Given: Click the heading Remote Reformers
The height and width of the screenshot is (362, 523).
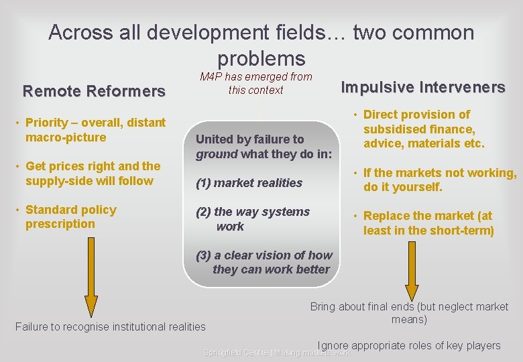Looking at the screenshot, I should [x=94, y=90].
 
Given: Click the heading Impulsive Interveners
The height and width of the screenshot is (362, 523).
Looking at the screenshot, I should [x=423, y=87].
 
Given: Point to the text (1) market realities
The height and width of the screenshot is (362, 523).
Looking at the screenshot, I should [x=249, y=182].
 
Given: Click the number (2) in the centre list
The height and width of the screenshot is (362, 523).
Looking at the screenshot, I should [x=203, y=212].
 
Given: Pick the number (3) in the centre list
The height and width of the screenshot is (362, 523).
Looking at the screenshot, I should [x=203, y=255].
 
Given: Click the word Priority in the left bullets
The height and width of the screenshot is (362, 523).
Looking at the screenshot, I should [x=46, y=122].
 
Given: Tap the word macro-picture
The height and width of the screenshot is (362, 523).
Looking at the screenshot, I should [x=66, y=137].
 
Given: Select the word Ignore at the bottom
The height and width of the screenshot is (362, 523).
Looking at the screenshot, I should [x=333, y=346].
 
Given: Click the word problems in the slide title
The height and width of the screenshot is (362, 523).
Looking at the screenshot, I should [x=261, y=58].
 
